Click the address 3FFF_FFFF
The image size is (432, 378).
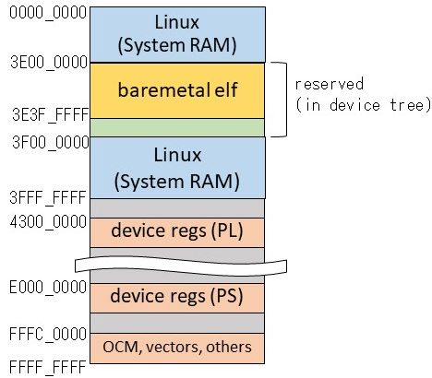pos(43,195)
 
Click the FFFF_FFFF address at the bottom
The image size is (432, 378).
pos(43,366)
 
